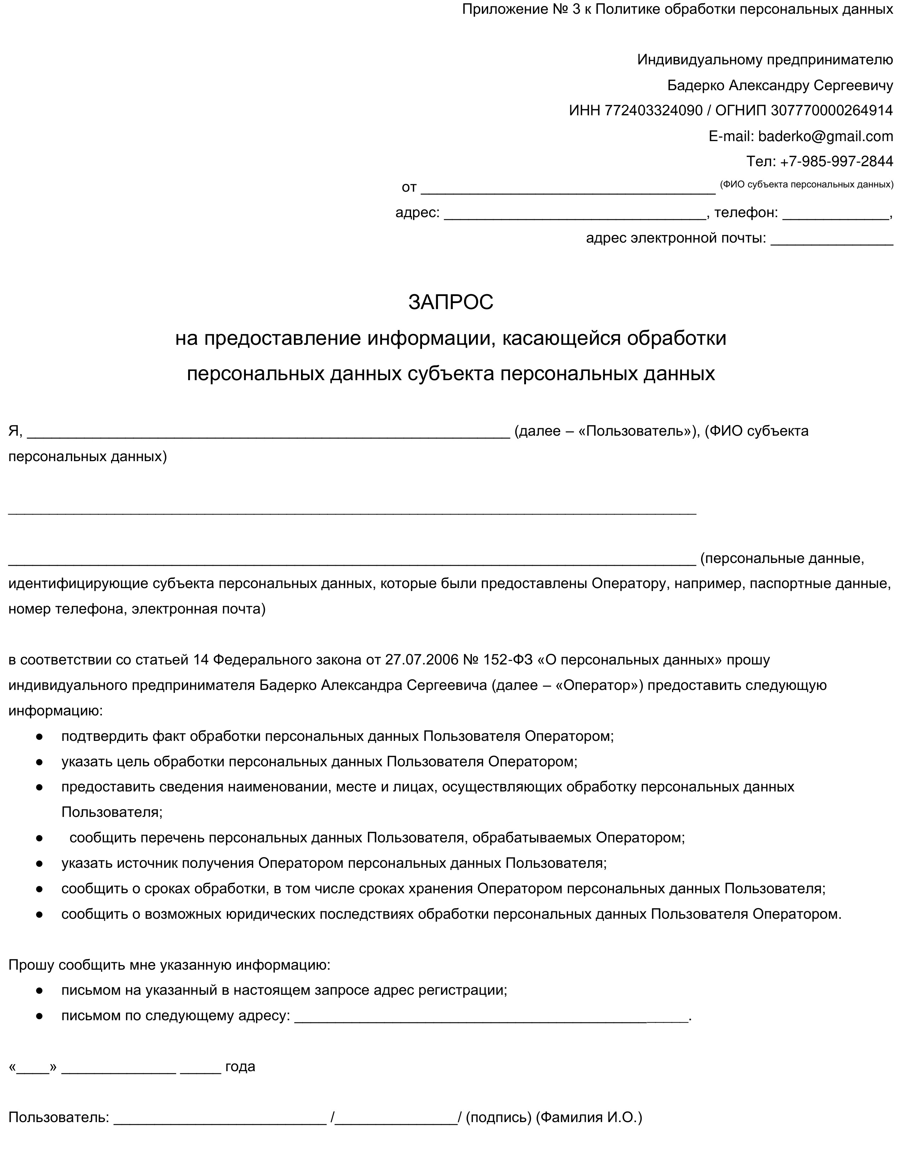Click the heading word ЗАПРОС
tap(450, 302)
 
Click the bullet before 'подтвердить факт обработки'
tap(39, 737)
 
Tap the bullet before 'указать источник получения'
tap(39, 864)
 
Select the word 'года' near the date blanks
tap(240, 1067)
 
